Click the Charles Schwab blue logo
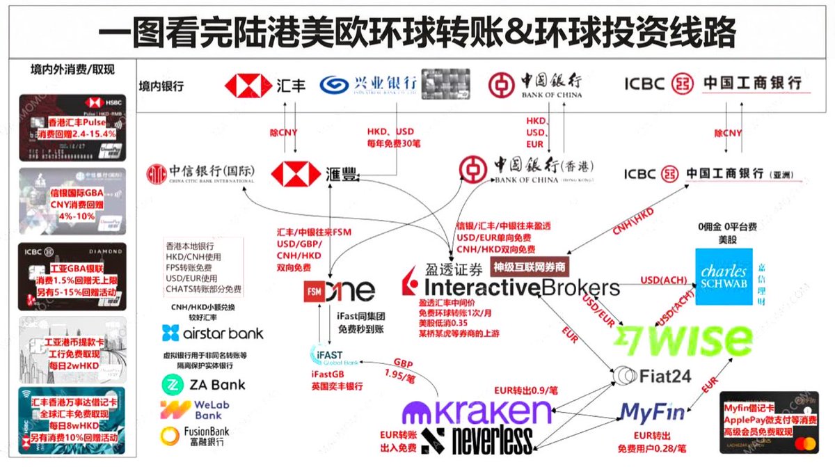(x=724, y=276)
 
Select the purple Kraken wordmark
(x=477, y=412)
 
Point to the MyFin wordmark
(x=651, y=412)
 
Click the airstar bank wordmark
(x=203, y=333)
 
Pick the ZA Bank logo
(x=203, y=383)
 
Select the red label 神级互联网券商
(x=529, y=266)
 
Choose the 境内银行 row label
(x=162, y=86)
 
